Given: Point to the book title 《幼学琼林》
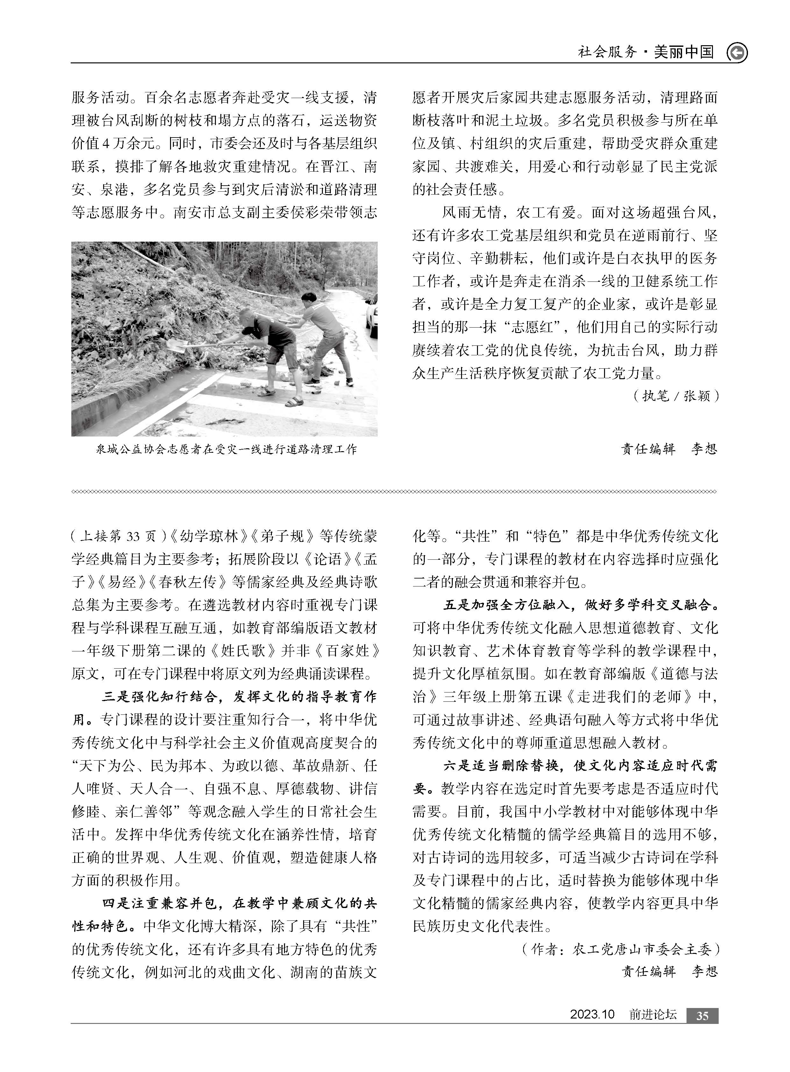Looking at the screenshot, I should (211, 536).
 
